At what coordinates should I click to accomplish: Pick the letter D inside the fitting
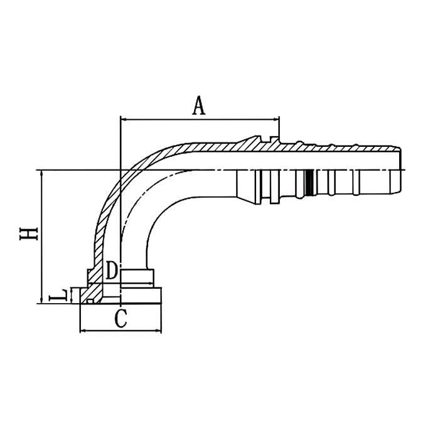(111, 270)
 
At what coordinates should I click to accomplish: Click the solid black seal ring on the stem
(309, 182)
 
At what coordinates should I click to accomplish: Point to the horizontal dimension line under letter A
(198, 119)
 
